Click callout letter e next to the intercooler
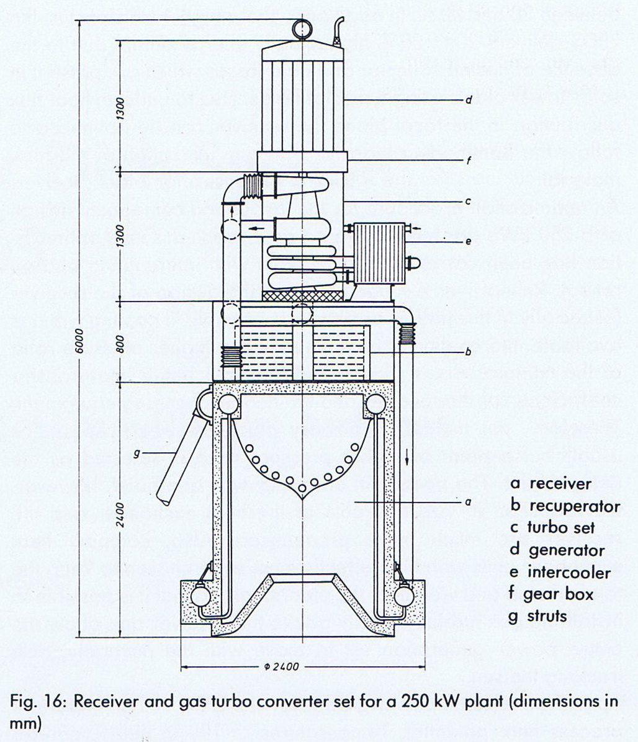click(468, 241)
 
